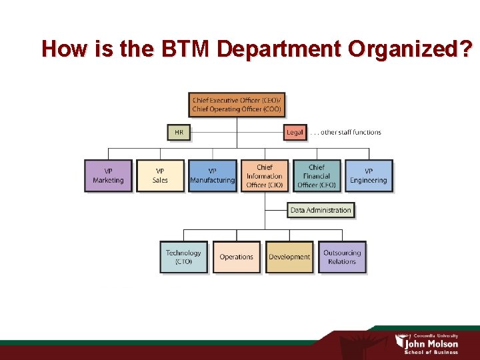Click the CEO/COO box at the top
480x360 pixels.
point(237,105)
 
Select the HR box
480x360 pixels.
point(179,132)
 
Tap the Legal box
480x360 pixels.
point(294,132)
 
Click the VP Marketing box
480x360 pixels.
point(108,176)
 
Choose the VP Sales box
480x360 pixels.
point(160,176)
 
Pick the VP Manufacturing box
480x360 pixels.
point(212,176)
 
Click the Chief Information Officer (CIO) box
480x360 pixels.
point(264,176)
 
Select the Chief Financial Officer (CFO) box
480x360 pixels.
point(316,176)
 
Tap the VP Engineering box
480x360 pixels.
point(368,176)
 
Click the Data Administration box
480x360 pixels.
point(321,210)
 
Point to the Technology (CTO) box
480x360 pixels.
point(183,257)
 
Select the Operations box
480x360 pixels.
point(237,257)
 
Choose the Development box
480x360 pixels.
point(289,257)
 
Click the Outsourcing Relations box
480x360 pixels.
point(342,257)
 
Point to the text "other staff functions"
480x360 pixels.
point(351,132)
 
